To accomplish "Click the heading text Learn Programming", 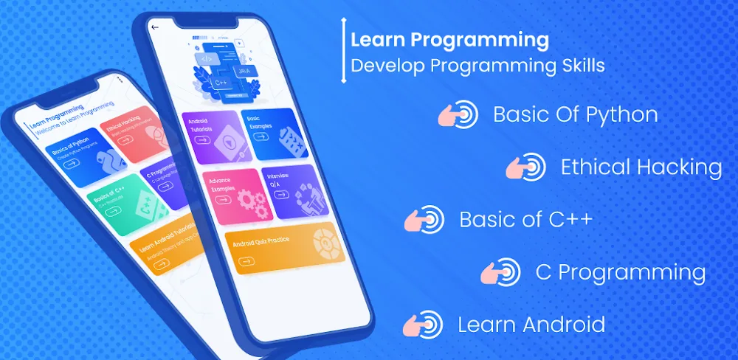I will pos(449,38).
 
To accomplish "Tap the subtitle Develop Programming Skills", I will pos(477,66).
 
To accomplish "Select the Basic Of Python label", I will pos(575,115).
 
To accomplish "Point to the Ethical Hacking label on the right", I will pos(641,167).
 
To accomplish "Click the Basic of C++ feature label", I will pos(525,220).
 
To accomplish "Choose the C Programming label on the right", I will pos(620,272).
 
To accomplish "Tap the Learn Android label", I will pos(531,324).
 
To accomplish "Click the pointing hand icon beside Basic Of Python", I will pos(458,115).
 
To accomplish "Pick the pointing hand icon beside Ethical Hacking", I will pos(525,167).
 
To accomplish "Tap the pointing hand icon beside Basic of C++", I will pos(424,220).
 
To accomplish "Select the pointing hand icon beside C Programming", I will pos(500,272).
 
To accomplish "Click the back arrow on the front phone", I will pos(155,27).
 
